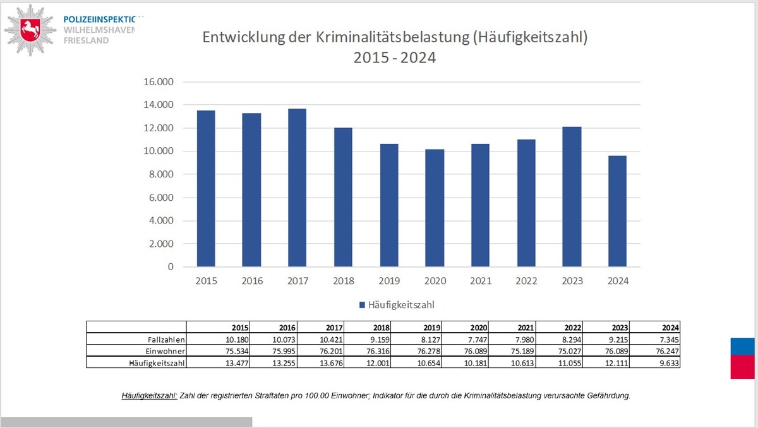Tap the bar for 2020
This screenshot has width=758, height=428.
coord(435,208)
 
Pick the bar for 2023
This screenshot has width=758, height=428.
coord(572,196)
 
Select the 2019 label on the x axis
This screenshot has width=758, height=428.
coord(389,281)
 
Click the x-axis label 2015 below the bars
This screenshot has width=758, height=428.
coord(206,281)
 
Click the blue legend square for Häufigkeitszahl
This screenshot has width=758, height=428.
coord(363,305)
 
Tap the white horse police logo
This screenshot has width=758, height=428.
coord(28,30)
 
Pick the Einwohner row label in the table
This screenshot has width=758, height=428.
coord(167,351)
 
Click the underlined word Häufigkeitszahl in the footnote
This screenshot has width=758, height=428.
coord(149,396)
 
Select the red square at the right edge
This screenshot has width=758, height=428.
coord(743,367)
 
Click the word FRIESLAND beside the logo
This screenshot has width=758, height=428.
coord(86,40)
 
